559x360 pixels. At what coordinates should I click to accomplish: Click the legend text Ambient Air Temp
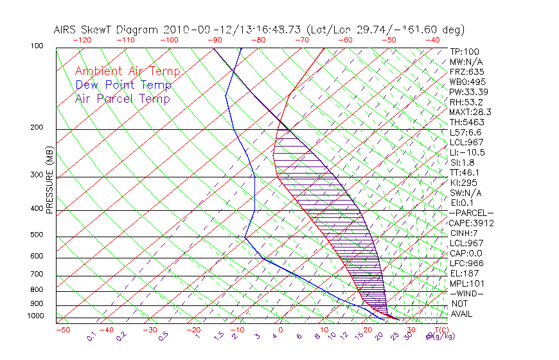[127, 71]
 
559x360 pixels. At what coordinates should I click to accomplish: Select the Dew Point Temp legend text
[123, 85]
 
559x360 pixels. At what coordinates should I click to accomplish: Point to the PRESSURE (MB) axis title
[49, 184]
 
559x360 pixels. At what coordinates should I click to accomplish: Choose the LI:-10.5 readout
[467, 152]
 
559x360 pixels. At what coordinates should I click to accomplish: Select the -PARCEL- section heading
[471, 213]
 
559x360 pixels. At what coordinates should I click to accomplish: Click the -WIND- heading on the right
[466, 293]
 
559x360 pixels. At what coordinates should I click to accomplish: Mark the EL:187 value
[464, 273]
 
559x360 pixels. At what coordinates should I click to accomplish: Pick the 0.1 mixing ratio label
[92, 336]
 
